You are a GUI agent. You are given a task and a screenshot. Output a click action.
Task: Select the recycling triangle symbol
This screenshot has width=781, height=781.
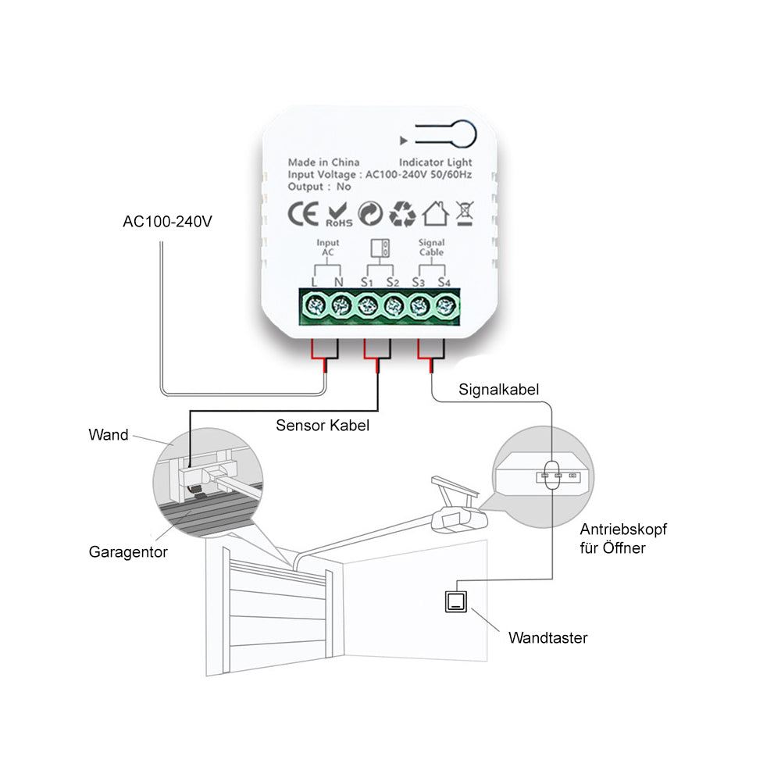click(x=404, y=212)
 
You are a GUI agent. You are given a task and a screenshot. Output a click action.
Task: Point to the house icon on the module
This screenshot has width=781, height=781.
click(x=435, y=212)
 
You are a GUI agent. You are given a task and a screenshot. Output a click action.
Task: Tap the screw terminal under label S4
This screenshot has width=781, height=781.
click(x=445, y=305)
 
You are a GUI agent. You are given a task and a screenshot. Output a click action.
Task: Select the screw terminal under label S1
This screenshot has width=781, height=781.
click(x=367, y=305)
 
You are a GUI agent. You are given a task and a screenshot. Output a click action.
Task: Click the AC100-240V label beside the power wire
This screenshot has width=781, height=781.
click(x=167, y=221)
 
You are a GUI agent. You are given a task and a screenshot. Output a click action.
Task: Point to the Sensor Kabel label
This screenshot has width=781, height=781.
click(x=323, y=426)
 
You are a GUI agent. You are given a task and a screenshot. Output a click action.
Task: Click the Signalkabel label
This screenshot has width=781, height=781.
click(x=499, y=388)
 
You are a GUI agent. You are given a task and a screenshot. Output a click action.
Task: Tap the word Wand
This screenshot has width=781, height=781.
click(x=109, y=435)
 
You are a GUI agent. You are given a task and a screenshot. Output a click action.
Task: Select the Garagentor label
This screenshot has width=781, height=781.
click(x=128, y=552)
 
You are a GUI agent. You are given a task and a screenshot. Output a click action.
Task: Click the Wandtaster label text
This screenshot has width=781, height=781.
click(x=547, y=638)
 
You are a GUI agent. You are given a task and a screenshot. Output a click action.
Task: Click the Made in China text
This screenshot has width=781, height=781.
click(x=323, y=162)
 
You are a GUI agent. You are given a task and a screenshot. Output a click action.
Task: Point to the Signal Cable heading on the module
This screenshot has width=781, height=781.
click(x=431, y=248)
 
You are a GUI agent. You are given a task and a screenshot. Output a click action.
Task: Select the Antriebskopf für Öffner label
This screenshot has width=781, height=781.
click(x=623, y=538)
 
